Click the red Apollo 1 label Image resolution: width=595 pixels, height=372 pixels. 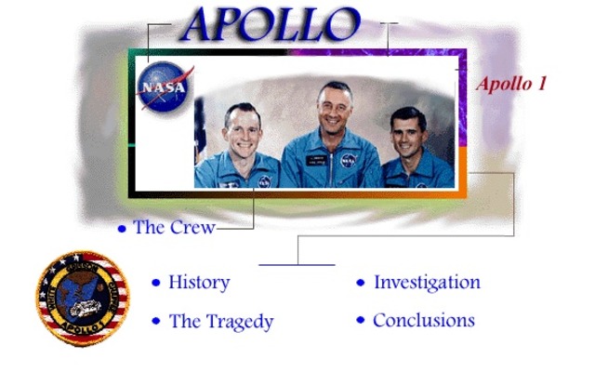point(511,84)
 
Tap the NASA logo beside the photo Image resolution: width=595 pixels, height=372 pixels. point(165,87)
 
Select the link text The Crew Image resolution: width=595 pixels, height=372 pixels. point(174,227)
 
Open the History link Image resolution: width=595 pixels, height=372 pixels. point(199,282)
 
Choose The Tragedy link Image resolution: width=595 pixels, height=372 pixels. point(221,322)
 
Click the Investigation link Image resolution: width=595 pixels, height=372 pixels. point(427,282)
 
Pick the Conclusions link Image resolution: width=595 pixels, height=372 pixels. point(423,321)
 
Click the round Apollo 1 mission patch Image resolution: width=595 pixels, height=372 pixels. point(83,298)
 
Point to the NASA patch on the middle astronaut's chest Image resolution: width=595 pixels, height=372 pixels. point(348,161)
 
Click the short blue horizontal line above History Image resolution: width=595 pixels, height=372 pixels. point(296,265)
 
